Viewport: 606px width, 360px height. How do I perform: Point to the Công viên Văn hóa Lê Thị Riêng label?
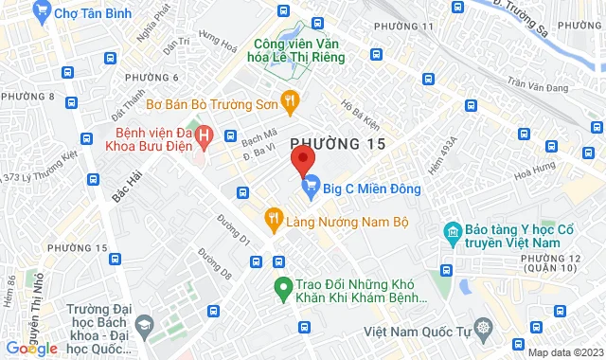[298, 48]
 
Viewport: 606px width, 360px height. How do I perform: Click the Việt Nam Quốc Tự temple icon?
[484, 331]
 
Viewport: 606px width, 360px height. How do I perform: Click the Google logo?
[31, 349]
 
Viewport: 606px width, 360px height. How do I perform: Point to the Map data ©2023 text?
[563, 352]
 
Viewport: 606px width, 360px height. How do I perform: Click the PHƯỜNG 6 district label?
[151, 77]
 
